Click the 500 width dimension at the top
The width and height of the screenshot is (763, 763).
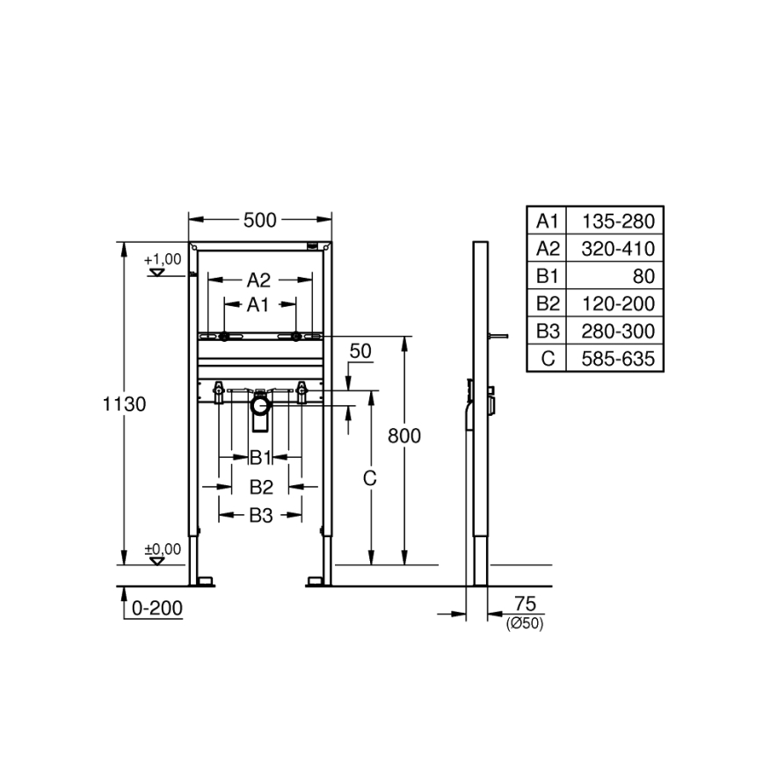(x=260, y=220)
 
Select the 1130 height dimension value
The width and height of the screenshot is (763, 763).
(x=124, y=404)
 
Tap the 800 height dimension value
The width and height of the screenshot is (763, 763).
(x=403, y=435)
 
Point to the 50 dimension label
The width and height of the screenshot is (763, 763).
(x=360, y=351)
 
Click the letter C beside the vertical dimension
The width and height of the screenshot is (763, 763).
(x=370, y=478)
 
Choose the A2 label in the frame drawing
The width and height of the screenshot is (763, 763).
(x=258, y=280)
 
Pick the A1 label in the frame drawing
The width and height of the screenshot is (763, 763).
(x=258, y=305)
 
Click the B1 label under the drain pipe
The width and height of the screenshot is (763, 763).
(x=259, y=457)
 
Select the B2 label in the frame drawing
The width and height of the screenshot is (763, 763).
(x=260, y=486)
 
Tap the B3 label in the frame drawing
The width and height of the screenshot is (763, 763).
(x=260, y=516)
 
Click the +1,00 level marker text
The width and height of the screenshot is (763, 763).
(x=163, y=259)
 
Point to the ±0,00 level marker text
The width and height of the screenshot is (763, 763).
(x=163, y=549)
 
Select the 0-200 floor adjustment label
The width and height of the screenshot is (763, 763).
(x=156, y=607)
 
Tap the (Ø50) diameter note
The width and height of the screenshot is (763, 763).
(x=524, y=623)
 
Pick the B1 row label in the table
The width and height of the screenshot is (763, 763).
(x=548, y=276)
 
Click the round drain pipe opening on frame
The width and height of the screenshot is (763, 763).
(x=260, y=405)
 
